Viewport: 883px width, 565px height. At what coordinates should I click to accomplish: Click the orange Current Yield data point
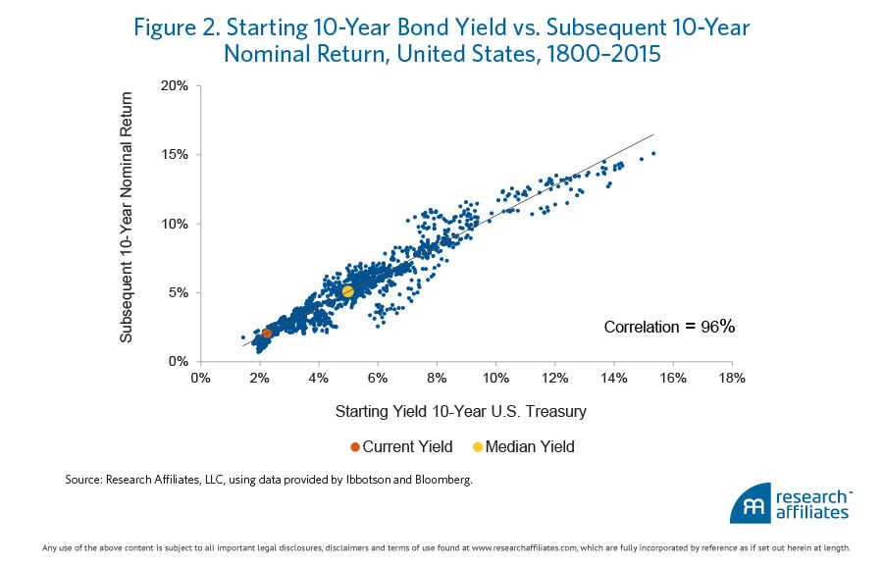(267, 334)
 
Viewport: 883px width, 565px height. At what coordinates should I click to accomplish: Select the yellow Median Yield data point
(347, 291)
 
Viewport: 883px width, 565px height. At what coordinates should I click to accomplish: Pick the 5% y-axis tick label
(179, 292)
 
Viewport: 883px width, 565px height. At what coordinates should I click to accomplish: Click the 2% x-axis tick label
(259, 378)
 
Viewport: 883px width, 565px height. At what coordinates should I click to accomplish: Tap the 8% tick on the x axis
(436, 378)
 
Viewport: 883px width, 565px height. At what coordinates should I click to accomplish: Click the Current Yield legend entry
(401, 447)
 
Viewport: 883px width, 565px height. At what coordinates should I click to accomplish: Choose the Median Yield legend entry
(523, 447)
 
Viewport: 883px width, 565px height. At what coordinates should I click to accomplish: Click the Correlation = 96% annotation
(668, 327)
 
